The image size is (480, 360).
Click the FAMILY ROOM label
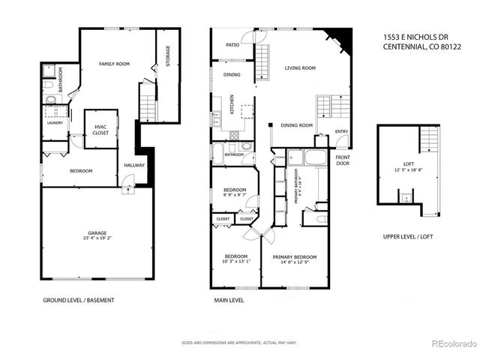coord(115,64)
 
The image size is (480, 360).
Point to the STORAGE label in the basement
coord(168,56)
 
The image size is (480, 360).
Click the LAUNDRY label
coord(54,122)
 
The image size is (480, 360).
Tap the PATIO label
coord(232,45)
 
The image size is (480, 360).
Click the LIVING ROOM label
coord(299,68)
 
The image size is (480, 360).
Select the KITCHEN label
coord(232,104)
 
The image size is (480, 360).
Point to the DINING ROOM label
coord(296,125)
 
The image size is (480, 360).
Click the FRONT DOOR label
coord(343,160)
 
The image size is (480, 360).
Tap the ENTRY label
coord(341,132)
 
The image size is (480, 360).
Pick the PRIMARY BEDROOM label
coord(295,256)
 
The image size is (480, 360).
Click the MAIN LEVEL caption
coord(229,300)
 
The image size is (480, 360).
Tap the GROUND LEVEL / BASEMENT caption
coord(79,300)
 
